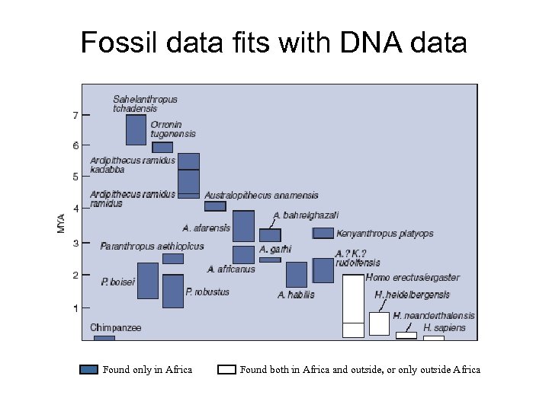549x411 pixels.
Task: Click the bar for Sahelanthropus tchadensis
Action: coord(136,129)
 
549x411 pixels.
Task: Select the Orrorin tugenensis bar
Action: coord(162,147)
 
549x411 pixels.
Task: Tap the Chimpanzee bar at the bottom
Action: coord(104,337)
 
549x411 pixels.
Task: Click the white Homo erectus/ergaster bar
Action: coord(353,304)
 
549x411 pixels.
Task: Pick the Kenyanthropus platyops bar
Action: coord(323,233)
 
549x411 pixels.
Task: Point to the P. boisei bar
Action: coord(147,281)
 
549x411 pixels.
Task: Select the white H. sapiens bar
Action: coord(433,337)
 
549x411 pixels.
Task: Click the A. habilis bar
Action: coord(297,274)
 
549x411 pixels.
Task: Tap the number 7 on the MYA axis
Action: coord(75,116)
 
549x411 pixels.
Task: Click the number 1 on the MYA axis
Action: coord(75,308)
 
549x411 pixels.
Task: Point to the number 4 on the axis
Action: coord(75,208)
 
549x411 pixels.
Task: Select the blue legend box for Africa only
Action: coord(89,370)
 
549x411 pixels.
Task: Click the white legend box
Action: coord(226,370)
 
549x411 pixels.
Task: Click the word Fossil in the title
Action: coord(119,43)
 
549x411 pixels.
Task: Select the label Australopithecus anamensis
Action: coord(261,196)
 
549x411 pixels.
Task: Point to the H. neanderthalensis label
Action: coord(434,316)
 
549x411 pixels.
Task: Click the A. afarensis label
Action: coord(206,228)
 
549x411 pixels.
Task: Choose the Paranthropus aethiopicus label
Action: coord(152,247)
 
